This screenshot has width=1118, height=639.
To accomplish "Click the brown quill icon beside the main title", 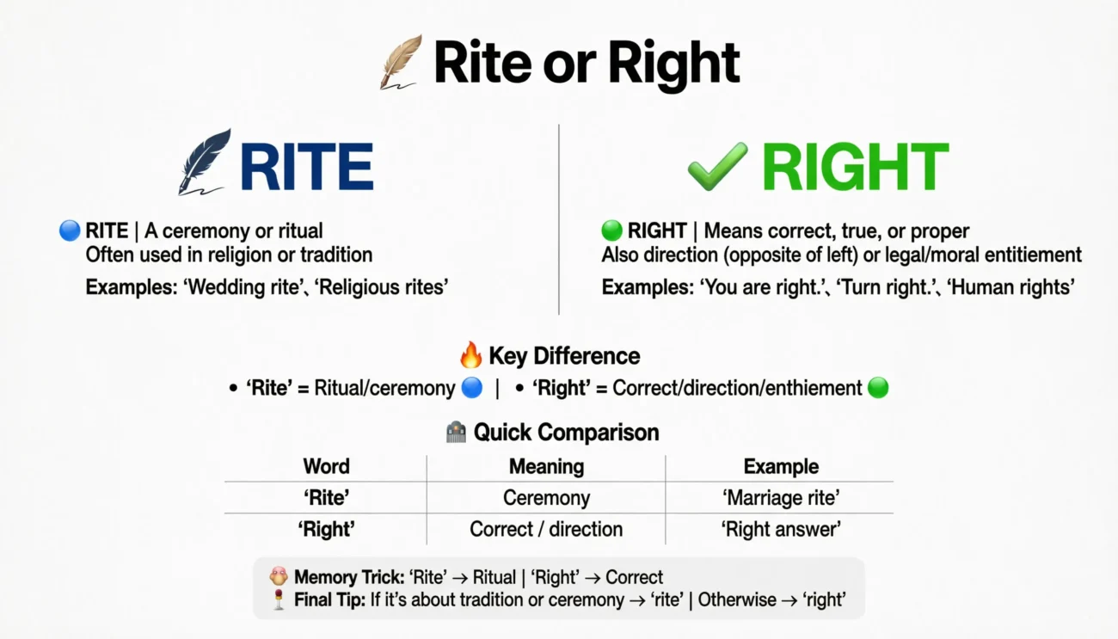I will click(401, 62).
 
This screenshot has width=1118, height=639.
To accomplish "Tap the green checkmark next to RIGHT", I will click(717, 166).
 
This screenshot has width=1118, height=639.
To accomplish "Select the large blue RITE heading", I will click(307, 166).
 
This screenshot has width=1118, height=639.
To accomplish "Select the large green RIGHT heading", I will click(854, 166).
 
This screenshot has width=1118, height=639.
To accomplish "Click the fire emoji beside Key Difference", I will click(471, 355).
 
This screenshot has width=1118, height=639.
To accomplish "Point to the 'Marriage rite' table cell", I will click(781, 497).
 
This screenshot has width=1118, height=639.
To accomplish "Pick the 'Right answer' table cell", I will click(781, 529).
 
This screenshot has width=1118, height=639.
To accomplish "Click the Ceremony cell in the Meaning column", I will click(546, 497).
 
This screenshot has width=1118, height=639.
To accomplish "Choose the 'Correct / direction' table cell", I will click(546, 529).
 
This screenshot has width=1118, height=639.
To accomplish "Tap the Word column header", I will click(326, 466).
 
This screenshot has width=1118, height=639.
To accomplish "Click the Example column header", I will click(781, 466).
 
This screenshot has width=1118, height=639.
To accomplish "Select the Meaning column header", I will click(546, 466).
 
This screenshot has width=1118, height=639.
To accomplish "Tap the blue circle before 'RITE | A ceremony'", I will click(70, 230).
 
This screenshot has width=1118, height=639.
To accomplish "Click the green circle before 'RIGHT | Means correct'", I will click(611, 230).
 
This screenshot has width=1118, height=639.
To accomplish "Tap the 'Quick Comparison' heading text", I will click(566, 432).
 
